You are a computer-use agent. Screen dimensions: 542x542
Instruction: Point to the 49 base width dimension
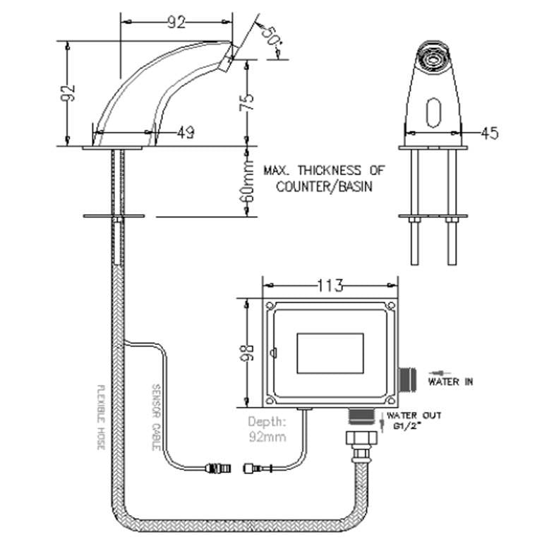[186, 131]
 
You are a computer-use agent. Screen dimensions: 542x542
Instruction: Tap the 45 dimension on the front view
[488, 132]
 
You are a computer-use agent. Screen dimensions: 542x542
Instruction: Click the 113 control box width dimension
[330, 285]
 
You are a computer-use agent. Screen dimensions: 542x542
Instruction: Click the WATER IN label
[450, 382]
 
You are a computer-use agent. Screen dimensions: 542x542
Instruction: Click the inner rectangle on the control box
[331, 353]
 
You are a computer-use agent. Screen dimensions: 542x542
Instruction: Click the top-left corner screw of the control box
[270, 306]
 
